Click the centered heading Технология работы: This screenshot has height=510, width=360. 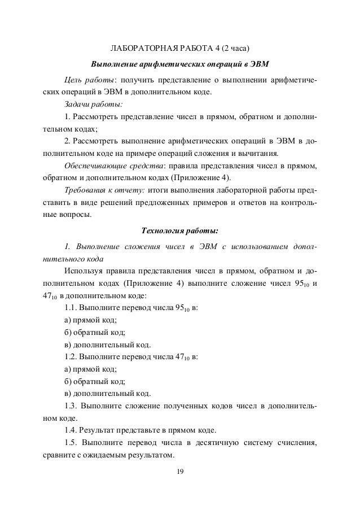(x=179, y=230)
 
